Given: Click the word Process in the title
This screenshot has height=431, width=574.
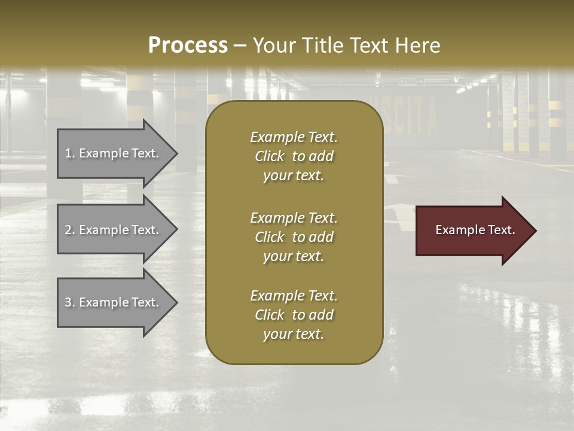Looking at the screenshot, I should [x=188, y=45].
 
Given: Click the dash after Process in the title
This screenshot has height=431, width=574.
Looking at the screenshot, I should [x=240, y=46].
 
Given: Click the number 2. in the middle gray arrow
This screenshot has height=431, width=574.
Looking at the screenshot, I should [x=70, y=230].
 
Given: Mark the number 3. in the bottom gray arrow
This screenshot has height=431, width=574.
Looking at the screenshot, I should [x=70, y=302].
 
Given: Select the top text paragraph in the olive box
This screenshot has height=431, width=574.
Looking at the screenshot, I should [x=294, y=156].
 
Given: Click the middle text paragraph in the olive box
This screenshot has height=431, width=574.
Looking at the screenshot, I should [x=294, y=237].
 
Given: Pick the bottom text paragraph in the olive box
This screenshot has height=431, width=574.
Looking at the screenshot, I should [x=294, y=315].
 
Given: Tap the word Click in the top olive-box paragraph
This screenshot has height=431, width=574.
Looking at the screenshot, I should [x=270, y=156].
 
